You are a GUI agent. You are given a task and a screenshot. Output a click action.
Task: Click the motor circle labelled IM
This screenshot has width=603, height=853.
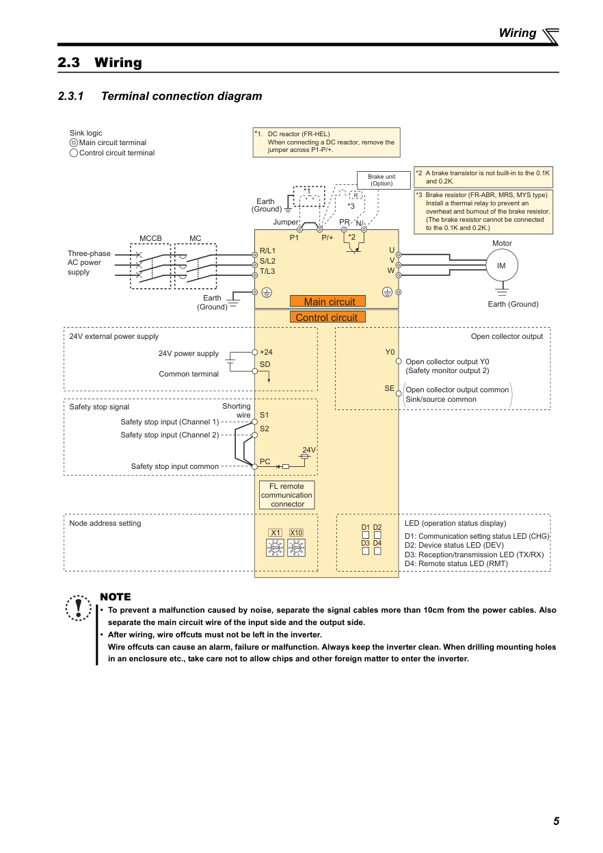pyautogui.click(x=501, y=266)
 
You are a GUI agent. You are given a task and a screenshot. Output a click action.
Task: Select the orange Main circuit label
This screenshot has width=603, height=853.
pyautogui.click(x=328, y=301)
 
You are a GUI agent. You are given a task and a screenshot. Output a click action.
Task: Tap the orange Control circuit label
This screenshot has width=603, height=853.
pyautogui.click(x=327, y=317)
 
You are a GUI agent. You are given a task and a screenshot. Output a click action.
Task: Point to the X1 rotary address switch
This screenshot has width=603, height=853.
pyautogui.click(x=276, y=548)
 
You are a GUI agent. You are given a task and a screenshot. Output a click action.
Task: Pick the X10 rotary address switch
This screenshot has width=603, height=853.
pyautogui.click(x=296, y=548)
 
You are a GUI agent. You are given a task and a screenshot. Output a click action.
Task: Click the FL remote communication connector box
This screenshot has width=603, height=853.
pyautogui.click(x=287, y=495)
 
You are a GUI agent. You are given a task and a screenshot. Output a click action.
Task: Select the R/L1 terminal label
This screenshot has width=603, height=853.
pyautogui.click(x=267, y=251)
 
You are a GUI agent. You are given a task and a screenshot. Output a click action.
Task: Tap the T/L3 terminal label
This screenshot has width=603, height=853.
pyautogui.click(x=267, y=271)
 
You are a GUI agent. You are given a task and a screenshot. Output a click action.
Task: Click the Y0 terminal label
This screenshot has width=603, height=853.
pyautogui.click(x=390, y=352)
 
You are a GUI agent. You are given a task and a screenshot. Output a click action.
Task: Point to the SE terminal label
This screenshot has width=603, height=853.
pyautogui.click(x=389, y=388)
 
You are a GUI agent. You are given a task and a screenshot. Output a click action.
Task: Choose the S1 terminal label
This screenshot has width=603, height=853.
pyautogui.click(x=265, y=415)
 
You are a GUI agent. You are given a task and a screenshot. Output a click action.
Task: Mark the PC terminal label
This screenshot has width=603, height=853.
pyautogui.click(x=265, y=461)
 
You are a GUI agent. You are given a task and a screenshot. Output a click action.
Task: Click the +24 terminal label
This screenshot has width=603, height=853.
pyautogui.click(x=266, y=352)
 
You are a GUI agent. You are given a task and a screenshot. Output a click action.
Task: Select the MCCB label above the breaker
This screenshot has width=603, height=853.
pyautogui.click(x=150, y=238)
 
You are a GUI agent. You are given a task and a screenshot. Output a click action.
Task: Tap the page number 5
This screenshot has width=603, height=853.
pyautogui.click(x=556, y=822)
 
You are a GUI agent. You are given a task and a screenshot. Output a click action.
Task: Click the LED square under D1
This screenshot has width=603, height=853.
pyautogui.click(x=366, y=535)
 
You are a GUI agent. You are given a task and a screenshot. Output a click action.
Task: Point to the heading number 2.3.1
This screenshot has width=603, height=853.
pyautogui.click(x=70, y=96)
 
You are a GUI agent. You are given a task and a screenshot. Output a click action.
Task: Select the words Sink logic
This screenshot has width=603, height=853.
pyautogui.click(x=86, y=133)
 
